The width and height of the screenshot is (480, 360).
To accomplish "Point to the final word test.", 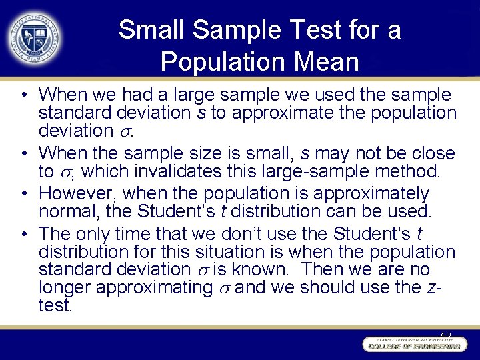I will coord(55,306).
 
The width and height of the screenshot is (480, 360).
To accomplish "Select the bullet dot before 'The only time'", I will coord(23,234).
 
